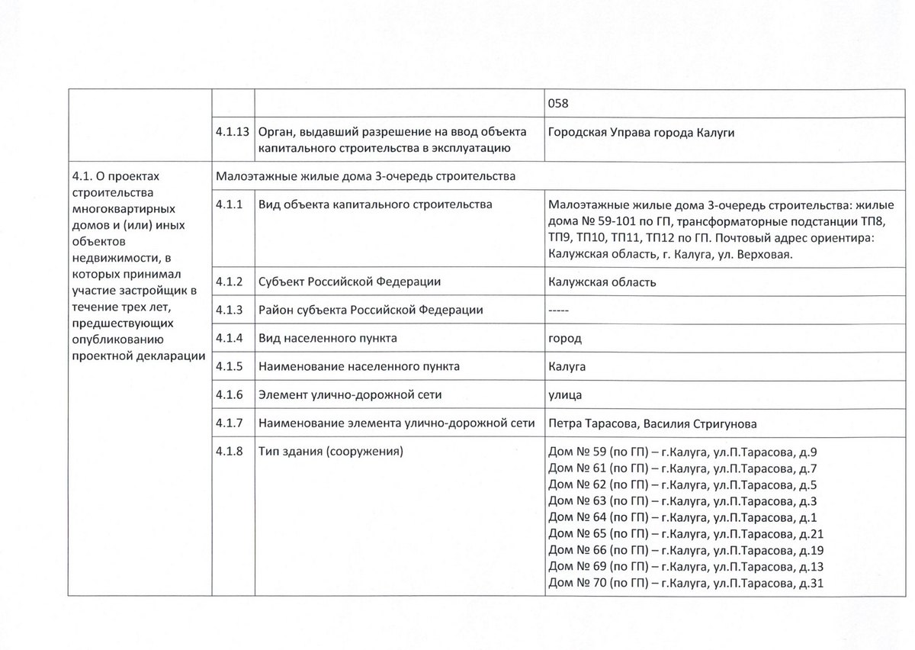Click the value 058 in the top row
pos(560,103)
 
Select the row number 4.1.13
pos(233,131)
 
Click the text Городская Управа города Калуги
pos(641,131)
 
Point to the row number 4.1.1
pos(230,204)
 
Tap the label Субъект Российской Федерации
pos(350,282)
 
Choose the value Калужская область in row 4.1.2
pos(602,282)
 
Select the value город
pos(565,338)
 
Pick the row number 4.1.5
pos(230,366)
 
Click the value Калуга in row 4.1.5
pos(567,366)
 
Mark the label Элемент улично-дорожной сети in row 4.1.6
pos(351,394)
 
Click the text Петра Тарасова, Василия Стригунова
pos(652,423)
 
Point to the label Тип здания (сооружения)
pos(331,451)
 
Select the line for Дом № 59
pos(682,451)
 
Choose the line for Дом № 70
pos(685,584)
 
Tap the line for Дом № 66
pos(685,551)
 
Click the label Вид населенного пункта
pos(328,338)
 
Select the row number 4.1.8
pos(230,451)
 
